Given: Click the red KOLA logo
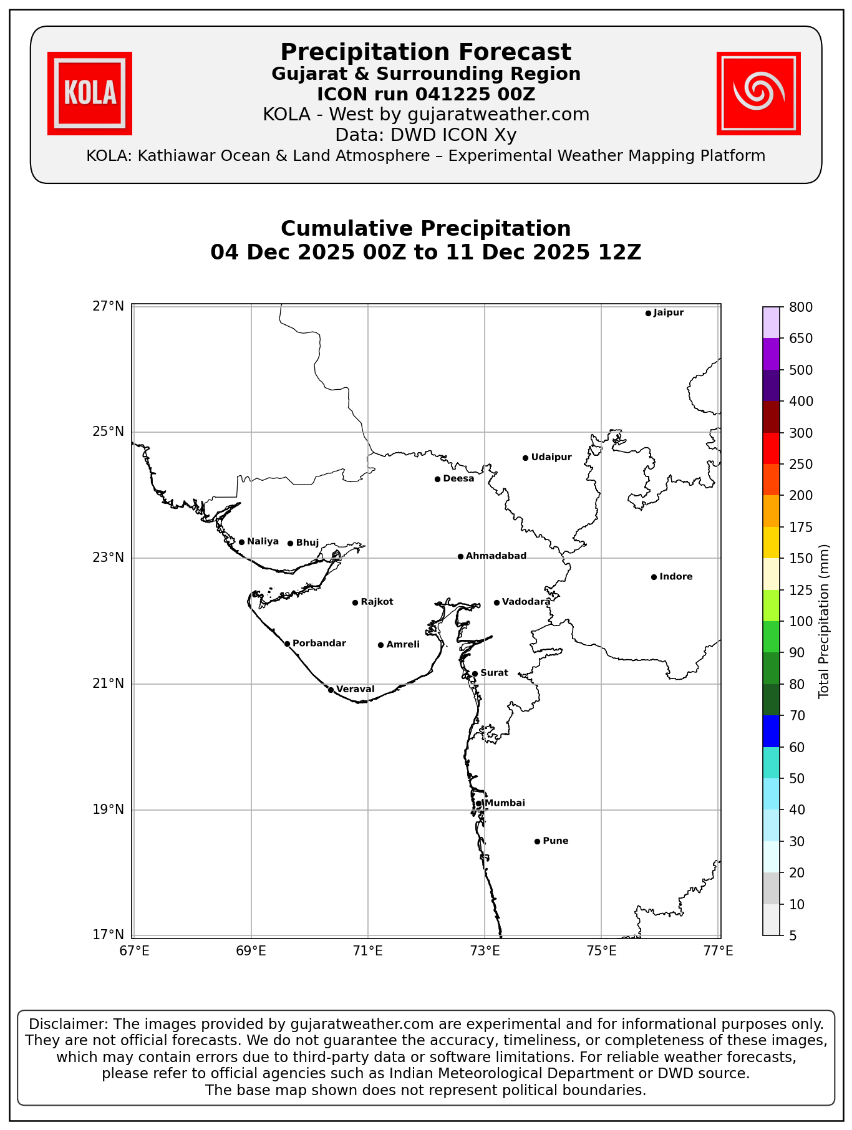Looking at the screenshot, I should (90, 94).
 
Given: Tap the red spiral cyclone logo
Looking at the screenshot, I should (758, 94).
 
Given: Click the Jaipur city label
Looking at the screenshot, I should (669, 312).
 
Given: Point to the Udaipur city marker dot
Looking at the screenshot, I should (525, 458).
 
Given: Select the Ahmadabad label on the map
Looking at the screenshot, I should (496, 556).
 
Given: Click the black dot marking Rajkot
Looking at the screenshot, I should (355, 602).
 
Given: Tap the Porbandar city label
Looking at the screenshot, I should (319, 644).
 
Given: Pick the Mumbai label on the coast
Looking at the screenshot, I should (505, 803).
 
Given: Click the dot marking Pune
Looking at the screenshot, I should (537, 841).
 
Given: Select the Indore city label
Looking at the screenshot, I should (675, 577).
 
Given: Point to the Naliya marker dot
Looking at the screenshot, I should (241, 542).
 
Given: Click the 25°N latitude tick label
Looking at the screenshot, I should (109, 432).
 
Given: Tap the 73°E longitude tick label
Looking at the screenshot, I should (485, 951).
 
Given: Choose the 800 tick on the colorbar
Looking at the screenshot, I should (801, 307).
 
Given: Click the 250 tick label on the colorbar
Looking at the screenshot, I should (801, 464).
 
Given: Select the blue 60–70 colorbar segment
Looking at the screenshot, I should (771, 731).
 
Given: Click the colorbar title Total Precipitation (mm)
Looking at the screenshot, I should (824, 621).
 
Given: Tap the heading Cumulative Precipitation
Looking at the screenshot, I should (425, 228).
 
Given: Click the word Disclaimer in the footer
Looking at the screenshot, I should (65, 1024).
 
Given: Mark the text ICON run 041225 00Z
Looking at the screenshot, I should (425, 94).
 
